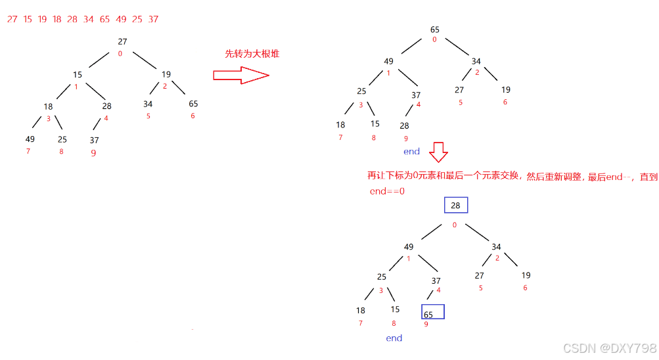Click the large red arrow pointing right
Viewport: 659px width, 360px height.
(x=241, y=76)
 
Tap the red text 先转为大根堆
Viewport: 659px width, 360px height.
(x=252, y=54)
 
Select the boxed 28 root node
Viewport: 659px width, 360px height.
(x=455, y=206)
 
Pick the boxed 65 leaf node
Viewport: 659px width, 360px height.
(x=432, y=312)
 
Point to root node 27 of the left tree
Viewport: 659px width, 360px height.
(x=122, y=41)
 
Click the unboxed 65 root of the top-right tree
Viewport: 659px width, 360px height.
(x=434, y=30)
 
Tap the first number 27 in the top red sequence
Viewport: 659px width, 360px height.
(x=12, y=19)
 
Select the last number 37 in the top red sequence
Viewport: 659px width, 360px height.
(x=153, y=19)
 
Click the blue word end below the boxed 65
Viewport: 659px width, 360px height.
(x=394, y=338)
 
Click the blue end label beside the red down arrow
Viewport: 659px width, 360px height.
(x=411, y=151)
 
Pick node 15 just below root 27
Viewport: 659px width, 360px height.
(x=78, y=75)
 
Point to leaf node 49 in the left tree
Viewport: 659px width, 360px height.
(x=30, y=139)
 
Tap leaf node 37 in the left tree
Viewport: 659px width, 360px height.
(x=95, y=140)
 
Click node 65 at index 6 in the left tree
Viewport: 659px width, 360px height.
(x=193, y=104)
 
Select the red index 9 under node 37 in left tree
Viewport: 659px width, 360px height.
(x=93, y=153)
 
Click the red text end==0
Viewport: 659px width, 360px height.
(x=386, y=191)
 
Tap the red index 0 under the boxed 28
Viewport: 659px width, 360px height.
(x=454, y=225)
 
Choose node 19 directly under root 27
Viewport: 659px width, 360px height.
(x=166, y=75)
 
